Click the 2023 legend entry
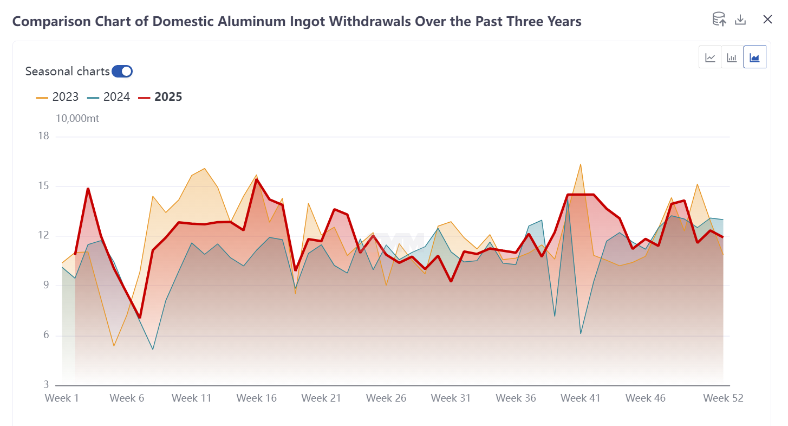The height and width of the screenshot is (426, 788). point(57,97)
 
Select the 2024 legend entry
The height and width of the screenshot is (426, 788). point(108,97)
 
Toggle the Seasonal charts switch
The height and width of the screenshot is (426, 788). point(122,71)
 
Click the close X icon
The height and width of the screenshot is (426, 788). point(767,20)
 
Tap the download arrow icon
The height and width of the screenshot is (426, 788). point(740,20)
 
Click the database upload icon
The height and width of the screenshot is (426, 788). point(719,20)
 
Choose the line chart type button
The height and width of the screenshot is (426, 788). point(710,57)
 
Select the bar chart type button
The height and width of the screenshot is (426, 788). point(732,57)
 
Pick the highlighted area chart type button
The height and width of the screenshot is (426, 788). point(755,57)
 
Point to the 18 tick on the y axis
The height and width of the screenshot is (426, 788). point(43,136)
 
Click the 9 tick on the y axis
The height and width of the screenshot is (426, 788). point(45,286)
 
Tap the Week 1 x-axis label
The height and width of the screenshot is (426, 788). point(62,398)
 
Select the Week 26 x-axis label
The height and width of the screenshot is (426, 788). point(386,398)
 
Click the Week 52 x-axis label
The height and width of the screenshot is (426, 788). point(723,398)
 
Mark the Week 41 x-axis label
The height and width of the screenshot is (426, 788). point(581,398)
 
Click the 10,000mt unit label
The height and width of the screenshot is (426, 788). point(77,118)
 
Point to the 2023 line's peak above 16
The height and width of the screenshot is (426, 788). point(581,164)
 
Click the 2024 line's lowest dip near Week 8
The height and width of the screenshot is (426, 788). point(153,349)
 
